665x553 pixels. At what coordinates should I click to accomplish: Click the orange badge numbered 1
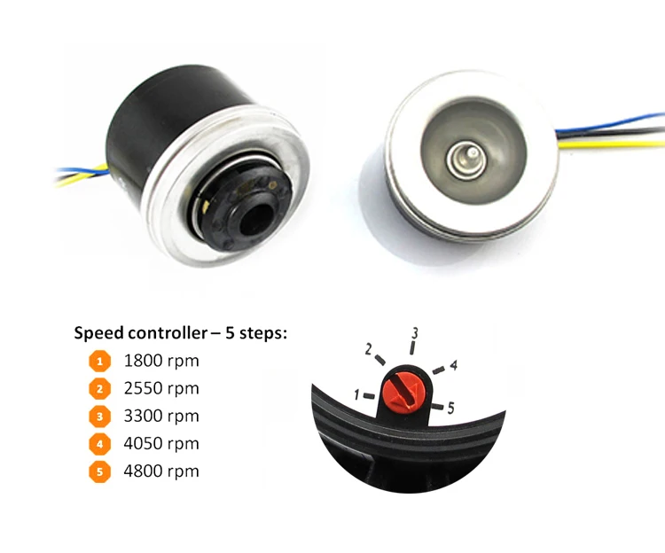[99, 361]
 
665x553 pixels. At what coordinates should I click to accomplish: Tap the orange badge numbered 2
[99, 388]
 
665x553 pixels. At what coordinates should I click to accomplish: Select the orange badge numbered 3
[99, 416]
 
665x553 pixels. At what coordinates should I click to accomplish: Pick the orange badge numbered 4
[99, 443]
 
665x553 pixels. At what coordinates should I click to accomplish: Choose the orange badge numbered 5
[99, 471]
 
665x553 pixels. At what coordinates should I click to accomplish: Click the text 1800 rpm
[161, 361]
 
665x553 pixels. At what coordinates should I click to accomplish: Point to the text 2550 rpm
[161, 388]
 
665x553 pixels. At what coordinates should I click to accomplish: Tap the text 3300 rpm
[161, 416]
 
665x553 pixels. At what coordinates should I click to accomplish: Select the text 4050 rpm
[161, 443]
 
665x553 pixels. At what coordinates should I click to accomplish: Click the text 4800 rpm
[161, 471]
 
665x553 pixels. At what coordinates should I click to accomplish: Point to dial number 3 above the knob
[413, 334]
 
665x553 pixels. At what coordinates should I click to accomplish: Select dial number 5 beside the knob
[450, 409]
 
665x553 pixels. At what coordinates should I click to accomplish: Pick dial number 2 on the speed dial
[368, 349]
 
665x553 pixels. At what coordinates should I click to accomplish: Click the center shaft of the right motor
[465, 160]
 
